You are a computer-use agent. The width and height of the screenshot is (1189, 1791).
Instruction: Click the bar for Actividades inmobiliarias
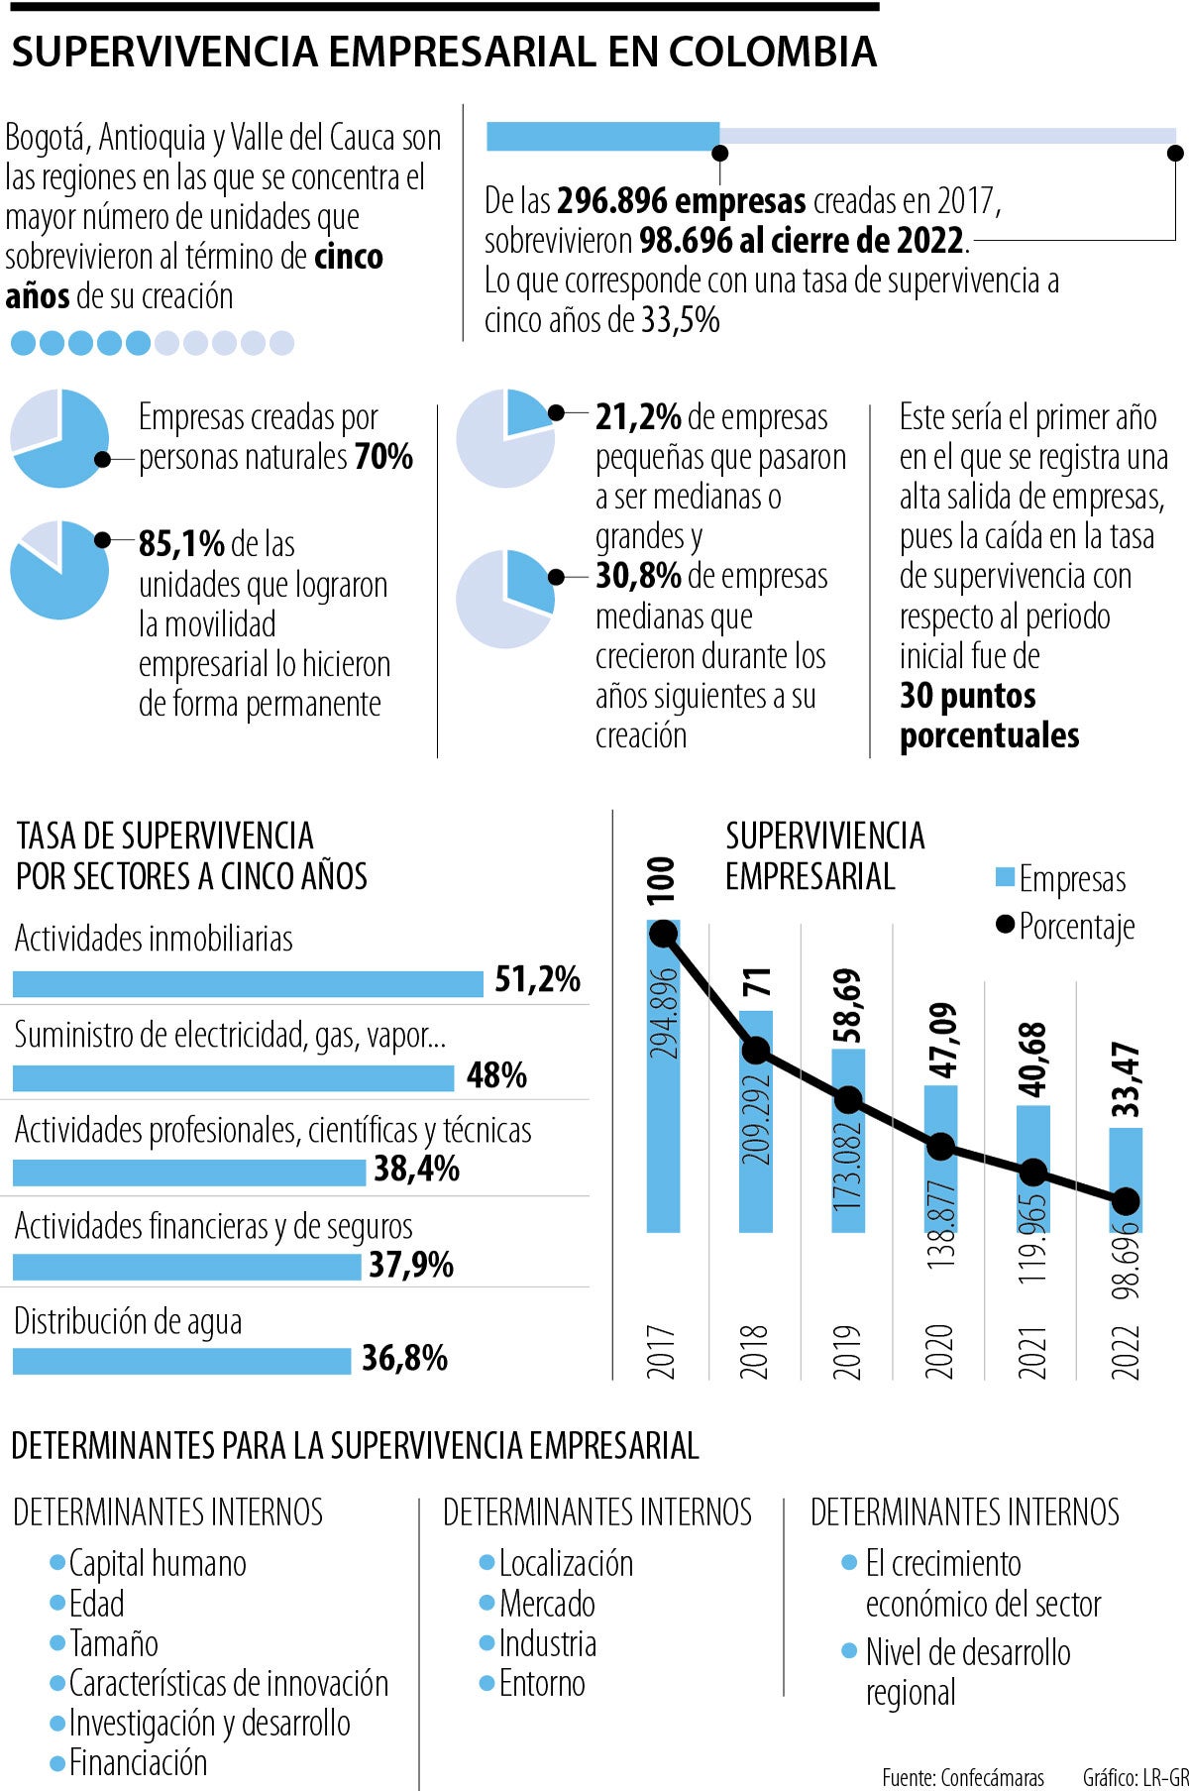(248, 983)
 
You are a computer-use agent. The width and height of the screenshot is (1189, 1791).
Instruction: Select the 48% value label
(495, 1075)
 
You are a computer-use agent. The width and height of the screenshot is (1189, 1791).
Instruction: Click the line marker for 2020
(940, 1147)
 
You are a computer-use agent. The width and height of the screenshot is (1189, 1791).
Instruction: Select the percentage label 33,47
(1127, 1079)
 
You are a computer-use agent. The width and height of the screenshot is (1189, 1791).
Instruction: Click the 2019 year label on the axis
(847, 1350)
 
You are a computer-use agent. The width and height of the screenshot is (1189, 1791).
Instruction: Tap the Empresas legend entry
(1060, 879)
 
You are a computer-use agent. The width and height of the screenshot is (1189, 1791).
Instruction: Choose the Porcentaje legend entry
(1065, 927)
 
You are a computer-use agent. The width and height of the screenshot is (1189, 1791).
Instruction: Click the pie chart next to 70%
(59, 438)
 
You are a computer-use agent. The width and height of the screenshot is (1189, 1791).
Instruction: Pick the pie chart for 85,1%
(59, 570)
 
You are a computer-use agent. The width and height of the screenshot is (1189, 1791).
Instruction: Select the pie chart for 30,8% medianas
(505, 600)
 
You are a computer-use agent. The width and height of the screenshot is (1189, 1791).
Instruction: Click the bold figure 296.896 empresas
(681, 201)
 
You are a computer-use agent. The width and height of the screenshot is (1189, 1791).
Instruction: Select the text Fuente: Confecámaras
(962, 1777)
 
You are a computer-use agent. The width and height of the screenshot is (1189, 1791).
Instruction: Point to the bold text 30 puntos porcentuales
(988, 716)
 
